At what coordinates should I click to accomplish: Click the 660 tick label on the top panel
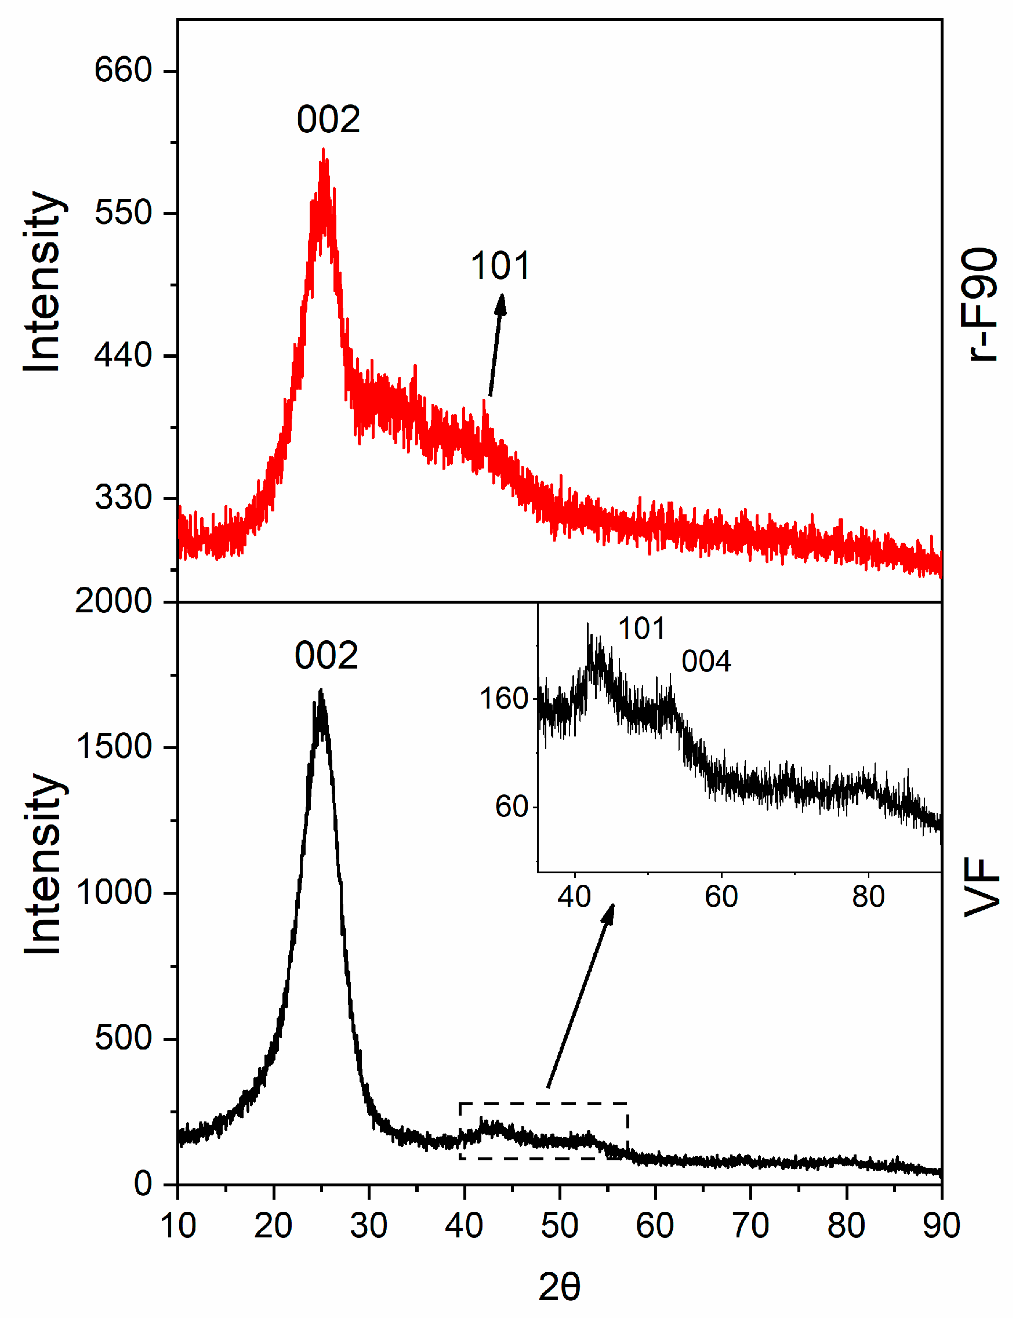click(x=122, y=71)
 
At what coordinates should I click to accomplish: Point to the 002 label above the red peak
click(x=328, y=119)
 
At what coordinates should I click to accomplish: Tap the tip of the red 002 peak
click(x=324, y=151)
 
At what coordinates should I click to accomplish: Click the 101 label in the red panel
click(x=500, y=266)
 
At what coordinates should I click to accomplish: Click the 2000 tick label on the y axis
click(x=114, y=602)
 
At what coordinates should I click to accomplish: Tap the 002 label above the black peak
click(x=327, y=656)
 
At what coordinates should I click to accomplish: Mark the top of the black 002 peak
click(x=321, y=691)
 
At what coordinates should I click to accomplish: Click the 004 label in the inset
click(x=706, y=662)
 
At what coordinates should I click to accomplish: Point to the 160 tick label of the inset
click(x=504, y=699)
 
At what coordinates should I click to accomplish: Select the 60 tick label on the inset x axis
click(x=721, y=897)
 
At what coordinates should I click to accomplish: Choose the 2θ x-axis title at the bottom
click(x=559, y=1287)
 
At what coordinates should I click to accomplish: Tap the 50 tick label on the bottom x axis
click(x=559, y=1226)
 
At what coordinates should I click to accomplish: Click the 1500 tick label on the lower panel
click(x=114, y=747)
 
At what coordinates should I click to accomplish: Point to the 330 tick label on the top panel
click(x=122, y=498)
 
